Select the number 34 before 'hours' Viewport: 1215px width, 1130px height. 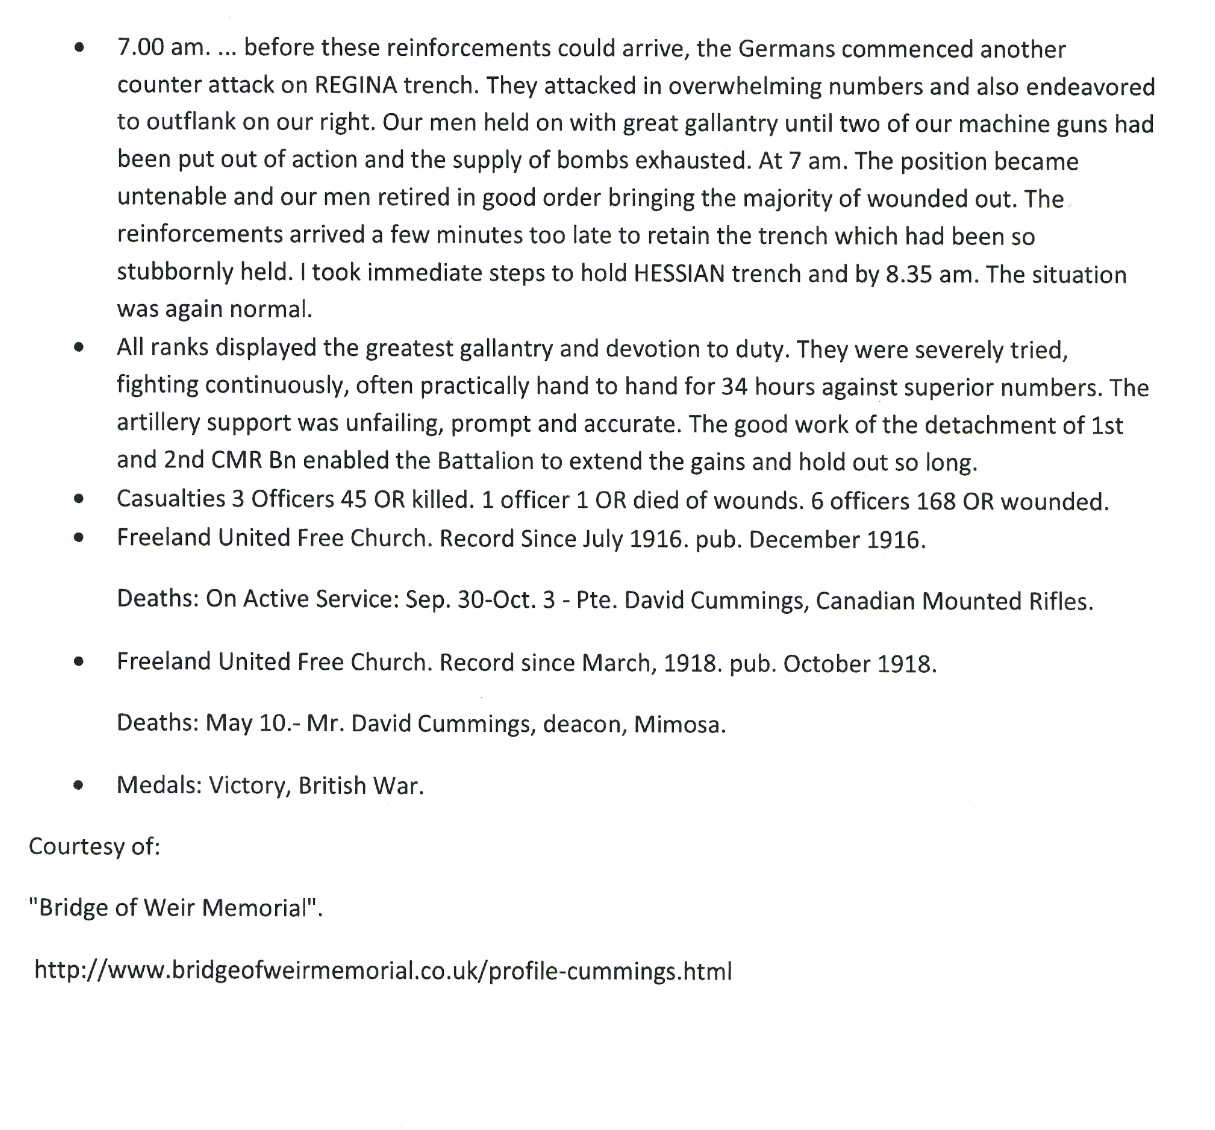[x=734, y=387]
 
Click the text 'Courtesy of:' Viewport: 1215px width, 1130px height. [x=94, y=847]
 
